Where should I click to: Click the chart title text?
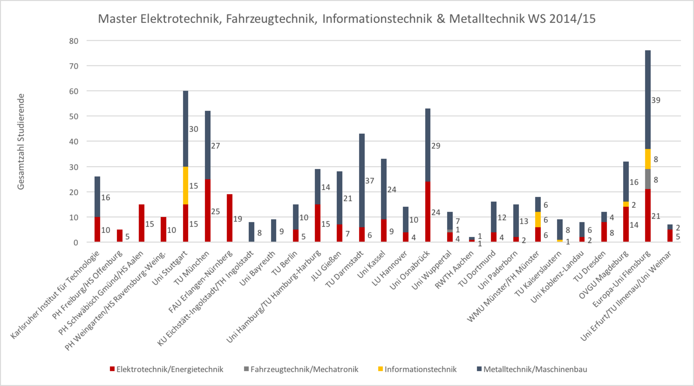346,19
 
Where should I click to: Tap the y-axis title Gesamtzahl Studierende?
21,141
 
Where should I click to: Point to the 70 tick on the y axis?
74,66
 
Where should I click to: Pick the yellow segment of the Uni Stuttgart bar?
185,186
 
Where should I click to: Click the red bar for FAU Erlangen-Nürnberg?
230,218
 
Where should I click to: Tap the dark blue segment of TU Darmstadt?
362,180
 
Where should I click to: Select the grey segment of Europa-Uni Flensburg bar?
648,179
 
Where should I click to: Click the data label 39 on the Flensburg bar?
656,100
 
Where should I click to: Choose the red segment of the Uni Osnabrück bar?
428,212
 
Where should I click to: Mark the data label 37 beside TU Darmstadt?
370,181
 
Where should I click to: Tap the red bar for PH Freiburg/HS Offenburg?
120,236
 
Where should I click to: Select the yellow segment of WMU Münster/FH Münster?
538,219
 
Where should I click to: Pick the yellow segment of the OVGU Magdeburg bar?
626,204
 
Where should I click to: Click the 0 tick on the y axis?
76,243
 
